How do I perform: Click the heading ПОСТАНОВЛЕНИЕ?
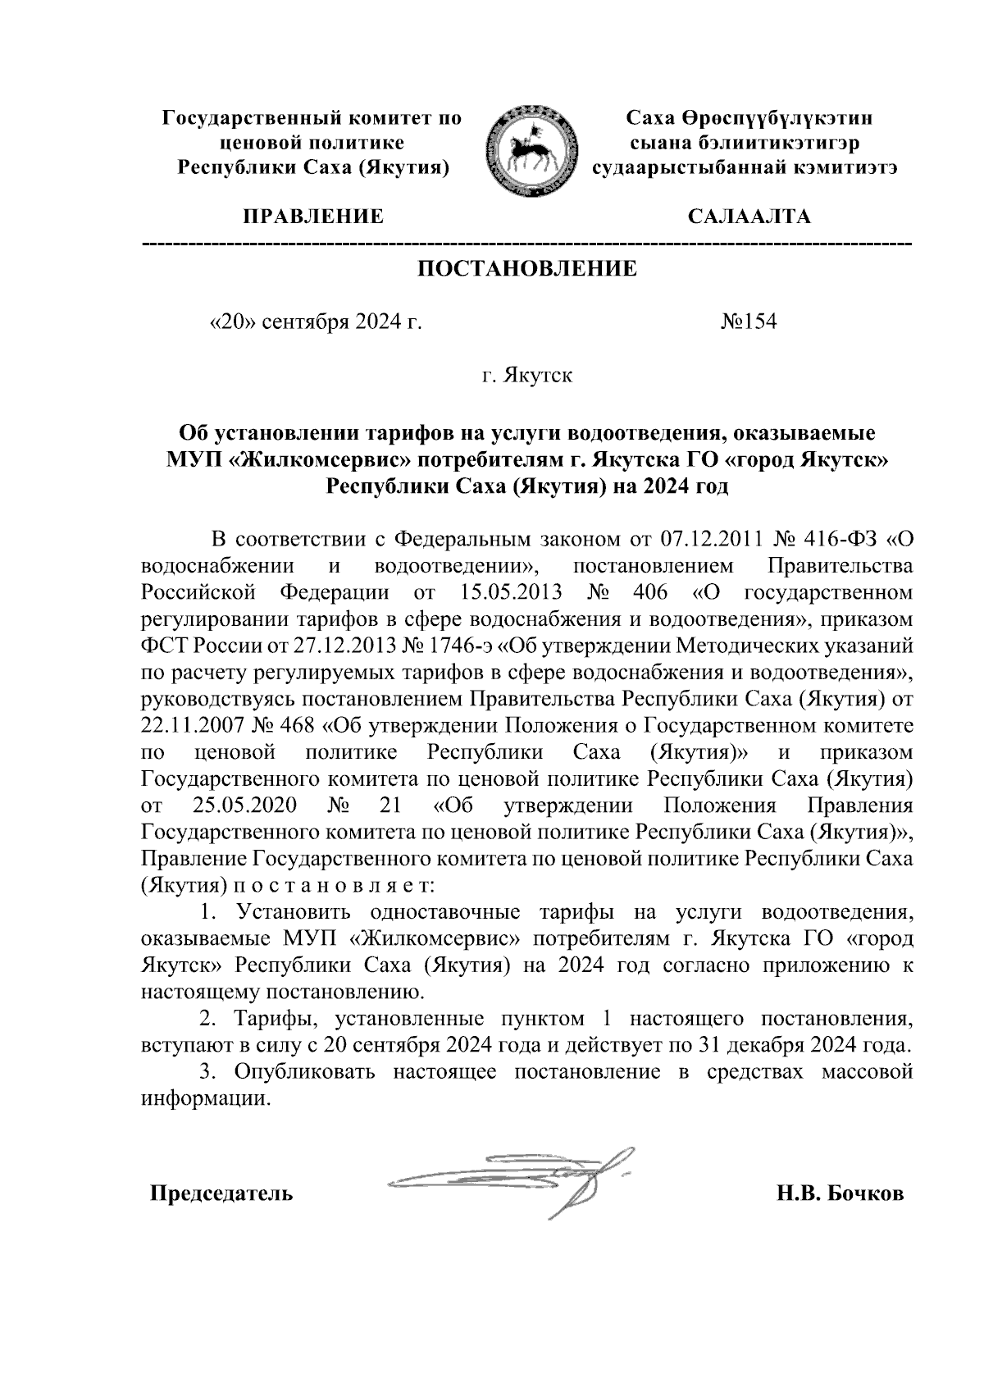527,269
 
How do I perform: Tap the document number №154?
748,322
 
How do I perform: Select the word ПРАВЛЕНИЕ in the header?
312,217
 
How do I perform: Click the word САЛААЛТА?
749,217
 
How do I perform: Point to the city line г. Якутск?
527,376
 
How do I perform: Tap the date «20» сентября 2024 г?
317,322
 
